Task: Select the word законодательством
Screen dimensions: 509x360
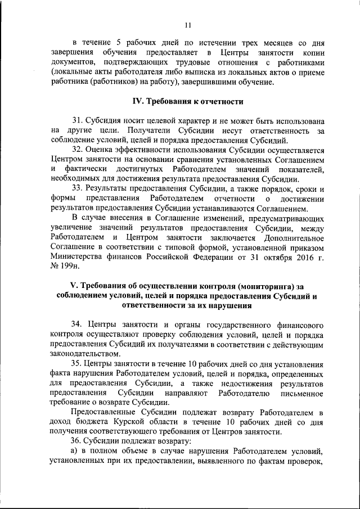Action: coord(84,354)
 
